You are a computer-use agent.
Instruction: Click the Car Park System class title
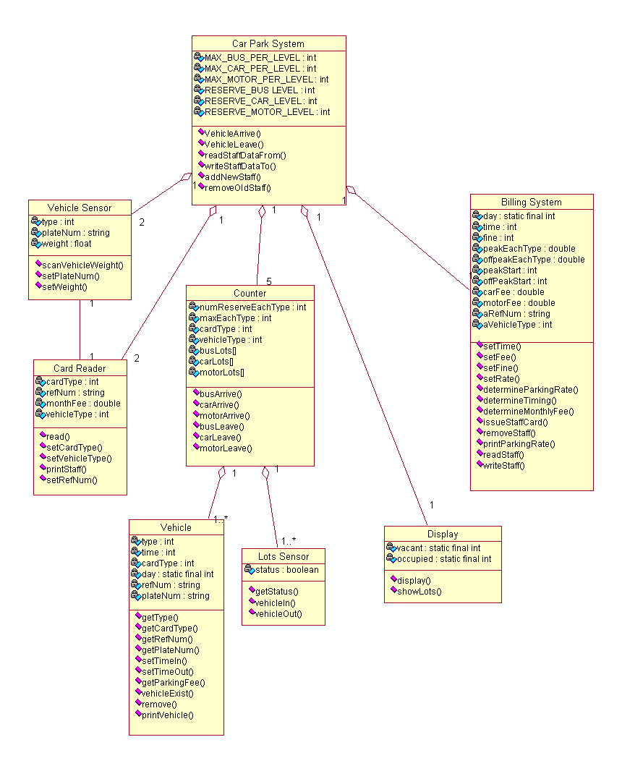pyautogui.click(x=268, y=44)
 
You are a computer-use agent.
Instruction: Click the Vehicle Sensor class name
pyautogui.click(x=80, y=208)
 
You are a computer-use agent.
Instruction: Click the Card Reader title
pyautogui.click(x=80, y=368)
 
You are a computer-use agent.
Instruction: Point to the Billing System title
pyautogui.click(x=531, y=202)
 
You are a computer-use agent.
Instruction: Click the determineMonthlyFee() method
pyautogui.click(x=528, y=411)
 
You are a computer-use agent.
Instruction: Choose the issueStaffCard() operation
pyautogui.click(x=515, y=422)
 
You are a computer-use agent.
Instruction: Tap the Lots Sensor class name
pyautogui.click(x=284, y=556)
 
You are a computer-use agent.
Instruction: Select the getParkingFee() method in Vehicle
pyautogui.click(x=174, y=682)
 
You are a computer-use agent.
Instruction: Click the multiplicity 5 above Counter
pyautogui.click(x=268, y=281)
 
